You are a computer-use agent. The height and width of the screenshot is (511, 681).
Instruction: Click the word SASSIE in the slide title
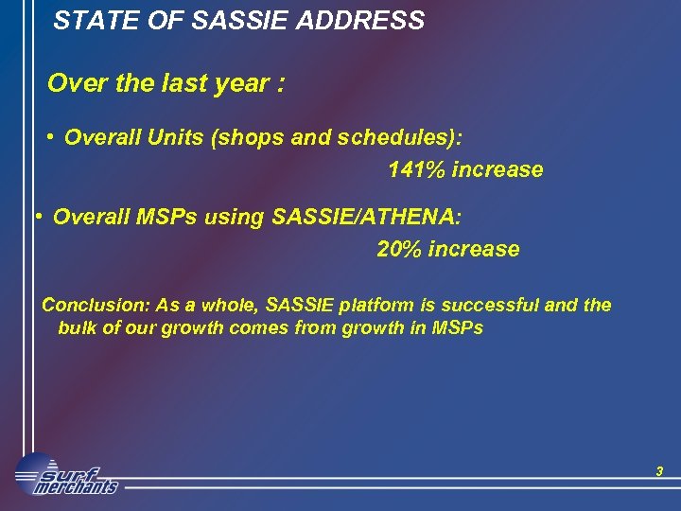click(228, 20)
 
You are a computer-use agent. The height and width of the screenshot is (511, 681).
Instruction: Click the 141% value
click(416, 170)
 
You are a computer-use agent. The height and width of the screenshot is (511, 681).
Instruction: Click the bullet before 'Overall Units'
click(48, 137)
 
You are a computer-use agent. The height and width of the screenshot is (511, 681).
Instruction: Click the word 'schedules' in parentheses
click(401, 138)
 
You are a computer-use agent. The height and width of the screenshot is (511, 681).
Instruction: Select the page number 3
click(659, 471)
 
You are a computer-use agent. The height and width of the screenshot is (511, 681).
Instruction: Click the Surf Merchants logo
click(66, 475)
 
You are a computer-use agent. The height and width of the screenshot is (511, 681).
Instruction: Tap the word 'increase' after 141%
click(498, 170)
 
